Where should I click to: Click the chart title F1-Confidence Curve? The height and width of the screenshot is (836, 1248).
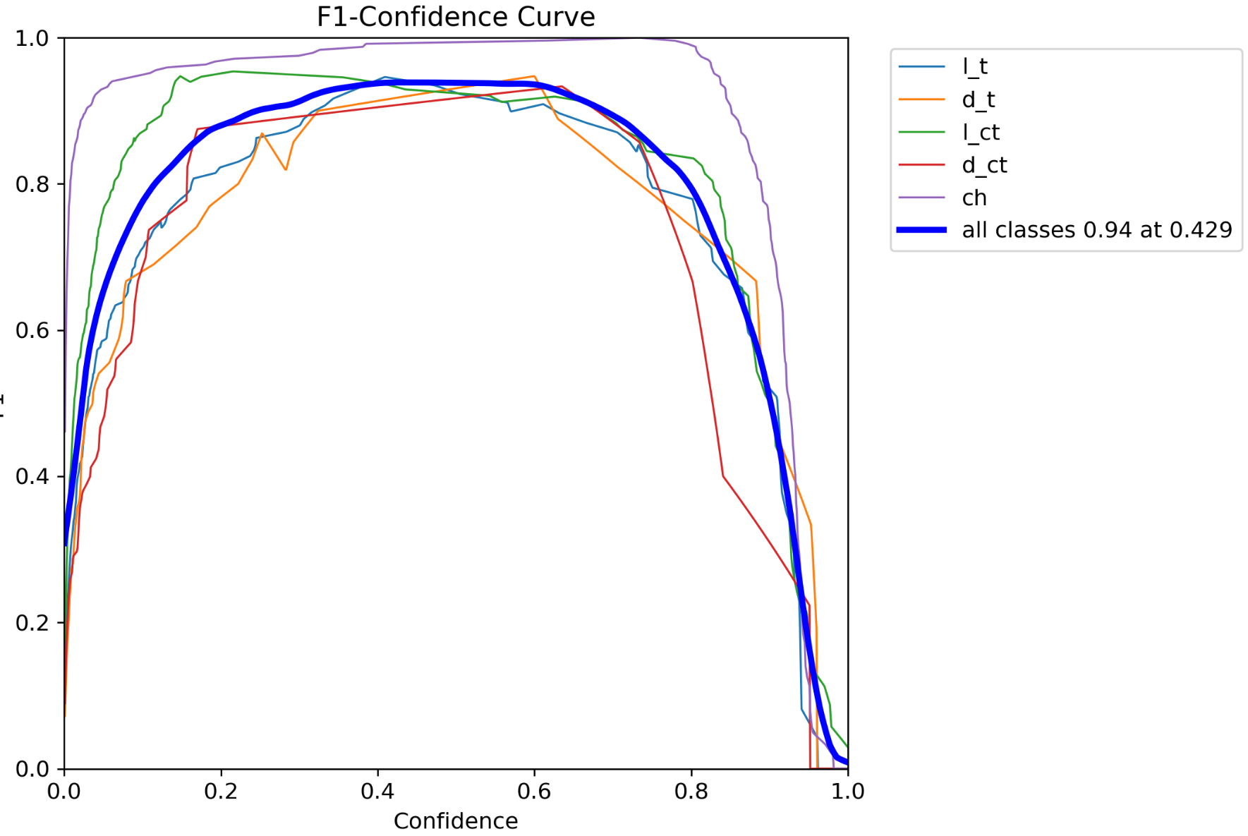455,17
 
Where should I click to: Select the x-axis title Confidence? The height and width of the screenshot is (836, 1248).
455,820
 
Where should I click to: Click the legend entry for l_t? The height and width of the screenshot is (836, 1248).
974,67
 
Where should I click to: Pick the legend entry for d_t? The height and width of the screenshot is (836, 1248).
978,99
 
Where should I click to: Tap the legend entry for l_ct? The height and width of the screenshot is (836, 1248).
981,133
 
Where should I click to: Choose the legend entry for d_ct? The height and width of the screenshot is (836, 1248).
984,165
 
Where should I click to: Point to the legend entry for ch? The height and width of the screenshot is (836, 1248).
974,198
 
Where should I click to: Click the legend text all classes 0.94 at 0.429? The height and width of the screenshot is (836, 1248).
1096,230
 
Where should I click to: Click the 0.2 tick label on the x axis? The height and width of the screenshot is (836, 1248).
221,791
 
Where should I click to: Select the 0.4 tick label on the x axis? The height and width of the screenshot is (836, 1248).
377,791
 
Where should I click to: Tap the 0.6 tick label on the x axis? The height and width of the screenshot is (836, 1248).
534,791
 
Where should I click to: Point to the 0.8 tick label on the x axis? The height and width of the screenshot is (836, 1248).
691,791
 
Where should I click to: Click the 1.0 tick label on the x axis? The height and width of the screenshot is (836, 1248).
847,791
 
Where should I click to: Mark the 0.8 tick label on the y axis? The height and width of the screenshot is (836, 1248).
32,184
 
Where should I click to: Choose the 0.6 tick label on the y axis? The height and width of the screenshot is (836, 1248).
32,330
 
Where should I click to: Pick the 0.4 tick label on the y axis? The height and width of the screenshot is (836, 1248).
32,476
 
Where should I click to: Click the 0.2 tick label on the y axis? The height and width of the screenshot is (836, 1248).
32,622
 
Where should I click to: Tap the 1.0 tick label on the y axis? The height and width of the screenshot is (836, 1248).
32,38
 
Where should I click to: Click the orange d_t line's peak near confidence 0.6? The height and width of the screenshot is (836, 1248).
534,76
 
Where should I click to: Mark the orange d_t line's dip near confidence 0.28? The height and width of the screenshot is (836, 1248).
286,169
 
